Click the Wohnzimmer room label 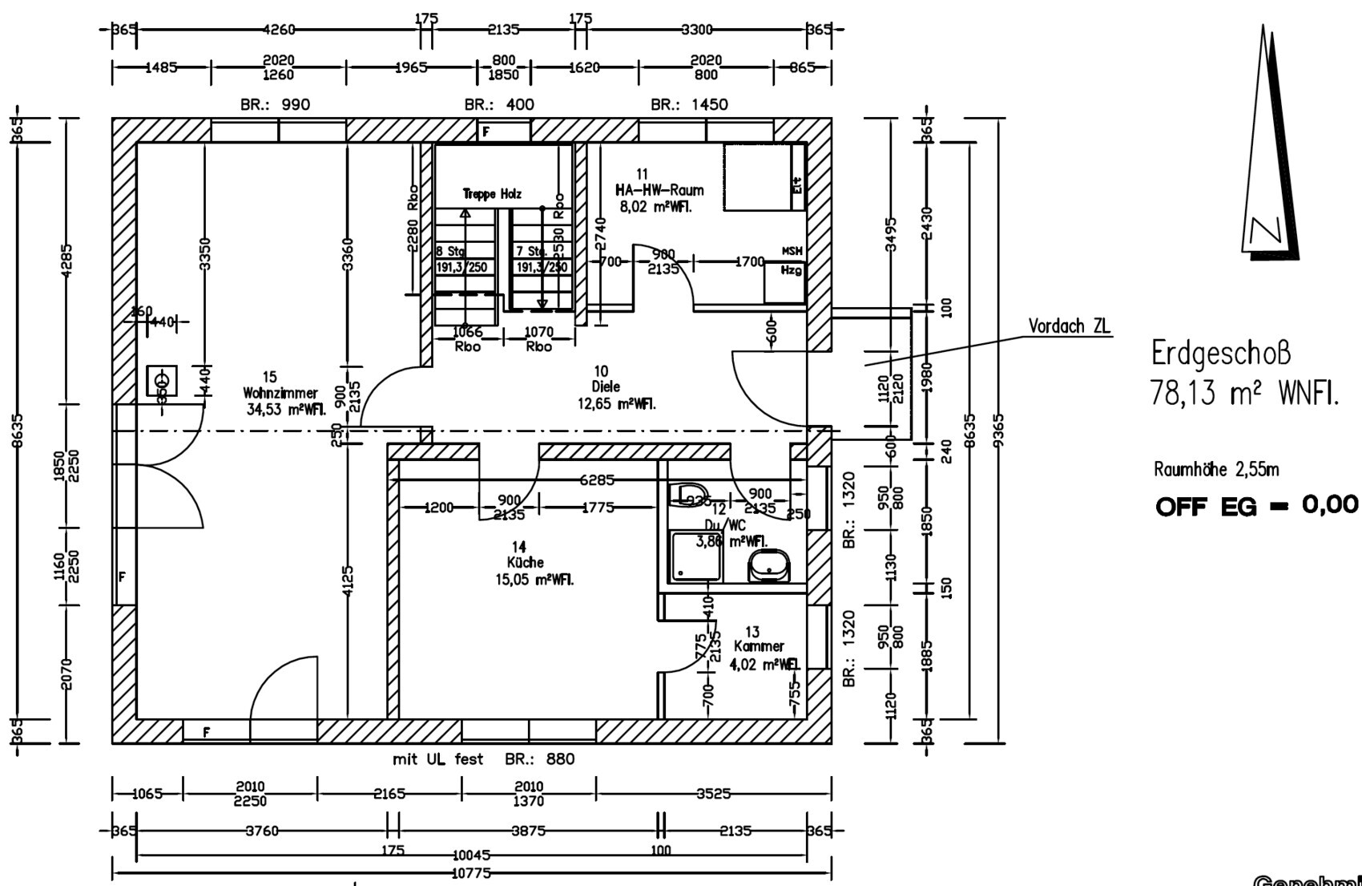[x=280, y=393]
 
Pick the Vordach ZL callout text [x=1069, y=326]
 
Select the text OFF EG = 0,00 [x=1256, y=506]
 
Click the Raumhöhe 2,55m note [x=1216, y=470]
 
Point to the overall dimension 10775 [x=470, y=873]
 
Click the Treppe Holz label [x=492, y=194]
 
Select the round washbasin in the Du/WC [x=768, y=566]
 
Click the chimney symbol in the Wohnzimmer [x=162, y=380]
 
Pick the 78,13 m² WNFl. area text [x=1244, y=394]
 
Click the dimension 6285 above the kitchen [x=596, y=480]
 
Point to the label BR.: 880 [x=539, y=759]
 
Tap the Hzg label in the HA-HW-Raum [x=790, y=270]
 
